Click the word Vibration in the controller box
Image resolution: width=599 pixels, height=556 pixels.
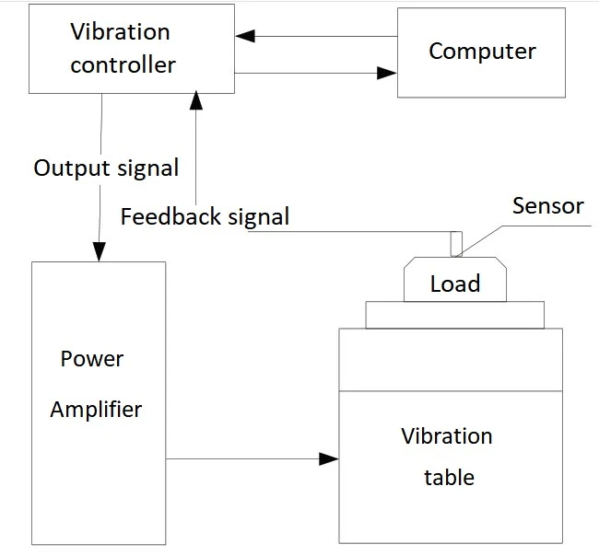coord(120,32)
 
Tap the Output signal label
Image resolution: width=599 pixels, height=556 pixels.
coord(106,168)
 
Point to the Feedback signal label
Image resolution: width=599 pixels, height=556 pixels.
coord(205,217)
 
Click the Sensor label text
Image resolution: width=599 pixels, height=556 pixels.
coord(547,205)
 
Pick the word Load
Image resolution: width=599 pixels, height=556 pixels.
coord(455,284)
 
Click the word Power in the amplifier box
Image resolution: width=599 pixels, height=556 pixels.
coord(91,358)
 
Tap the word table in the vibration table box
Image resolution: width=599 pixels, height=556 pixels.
coord(449,477)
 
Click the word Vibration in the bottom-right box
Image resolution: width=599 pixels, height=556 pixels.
coord(447,435)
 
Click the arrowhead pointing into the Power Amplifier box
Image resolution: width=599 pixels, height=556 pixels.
coord(99,251)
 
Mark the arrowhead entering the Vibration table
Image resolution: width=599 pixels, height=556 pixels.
coord(329,458)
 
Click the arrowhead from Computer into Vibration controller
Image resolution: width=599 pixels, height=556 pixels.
coord(244,37)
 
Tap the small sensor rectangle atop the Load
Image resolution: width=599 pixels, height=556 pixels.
coord(455,244)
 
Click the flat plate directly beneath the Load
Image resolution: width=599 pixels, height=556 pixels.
coord(454,315)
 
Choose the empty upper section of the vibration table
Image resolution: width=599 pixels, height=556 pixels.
coord(450,360)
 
